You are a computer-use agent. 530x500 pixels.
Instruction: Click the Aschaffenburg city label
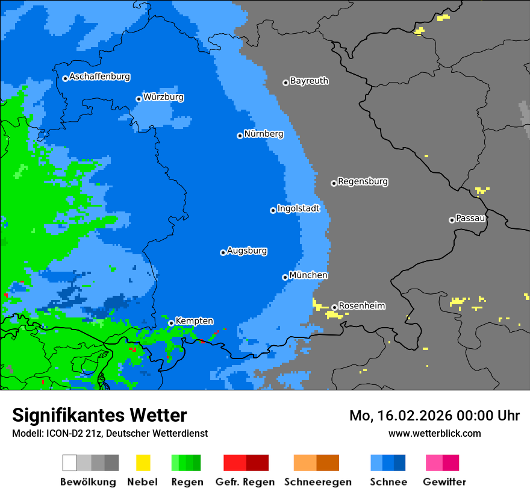[99, 77]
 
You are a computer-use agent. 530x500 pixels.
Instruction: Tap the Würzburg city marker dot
[139, 99]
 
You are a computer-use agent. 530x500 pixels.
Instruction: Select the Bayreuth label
[309, 81]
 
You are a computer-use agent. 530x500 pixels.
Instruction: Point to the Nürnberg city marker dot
[240, 136]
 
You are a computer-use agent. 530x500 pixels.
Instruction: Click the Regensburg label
[363, 181]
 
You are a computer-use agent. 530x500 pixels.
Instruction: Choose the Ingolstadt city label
[298, 208]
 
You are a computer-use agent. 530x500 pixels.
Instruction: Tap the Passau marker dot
[452, 220]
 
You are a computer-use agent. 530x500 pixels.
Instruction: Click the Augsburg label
[247, 251]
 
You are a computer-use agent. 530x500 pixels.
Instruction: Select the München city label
[308, 275]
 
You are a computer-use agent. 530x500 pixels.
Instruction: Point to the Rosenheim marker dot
[334, 307]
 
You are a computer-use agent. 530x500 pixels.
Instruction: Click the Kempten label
[194, 321]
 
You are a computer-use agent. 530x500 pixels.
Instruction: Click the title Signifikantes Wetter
[99, 415]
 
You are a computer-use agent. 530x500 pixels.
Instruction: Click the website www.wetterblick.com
[434, 433]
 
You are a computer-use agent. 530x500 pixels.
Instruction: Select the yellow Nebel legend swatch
[143, 463]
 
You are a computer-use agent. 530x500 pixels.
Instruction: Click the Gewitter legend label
[444, 482]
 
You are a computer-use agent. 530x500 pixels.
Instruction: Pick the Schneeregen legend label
[317, 482]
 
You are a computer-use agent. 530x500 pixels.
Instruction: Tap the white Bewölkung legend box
[69, 463]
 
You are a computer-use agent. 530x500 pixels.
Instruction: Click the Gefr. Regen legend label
[245, 482]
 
